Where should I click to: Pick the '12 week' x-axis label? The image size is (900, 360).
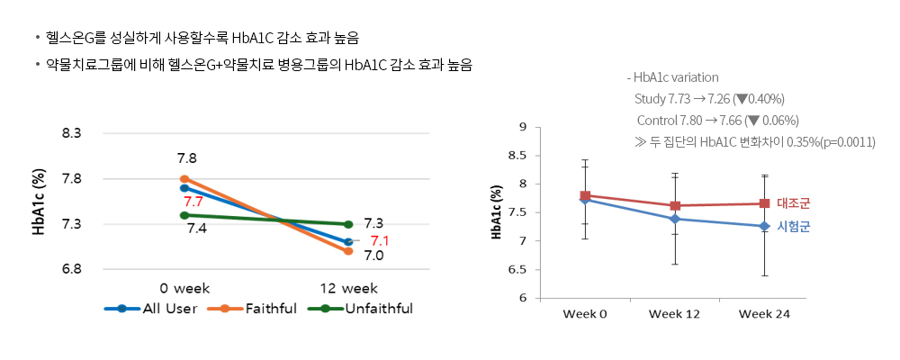pyautogui.click(x=347, y=289)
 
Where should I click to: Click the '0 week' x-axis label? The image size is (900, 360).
pyautogui.click(x=184, y=289)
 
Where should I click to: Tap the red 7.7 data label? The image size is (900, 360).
pyautogui.click(x=193, y=202)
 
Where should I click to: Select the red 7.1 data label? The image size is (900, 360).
pyautogui.click(x=380, y=241)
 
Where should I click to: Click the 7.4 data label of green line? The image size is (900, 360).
pyautogui.click(x=196, y=228)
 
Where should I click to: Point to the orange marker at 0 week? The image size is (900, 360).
pyautogui.click(x=184, y=179)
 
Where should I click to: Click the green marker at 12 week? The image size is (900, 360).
pyautogui.click(x=348, y=224)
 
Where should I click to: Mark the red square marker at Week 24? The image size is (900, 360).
pyautogui.click(x=764, y=203)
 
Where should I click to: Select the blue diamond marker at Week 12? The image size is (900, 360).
pyautogui.click(x=675, y=219)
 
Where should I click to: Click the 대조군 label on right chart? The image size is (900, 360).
pyautogui.click(x=793, y=203)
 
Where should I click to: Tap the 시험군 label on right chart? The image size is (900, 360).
pyautogui.click(x=793, y=227)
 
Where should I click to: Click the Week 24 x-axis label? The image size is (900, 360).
pyautogui.click(x=764, y=313)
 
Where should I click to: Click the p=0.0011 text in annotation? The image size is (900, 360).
pyautogui.click(x=845, y=142)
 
